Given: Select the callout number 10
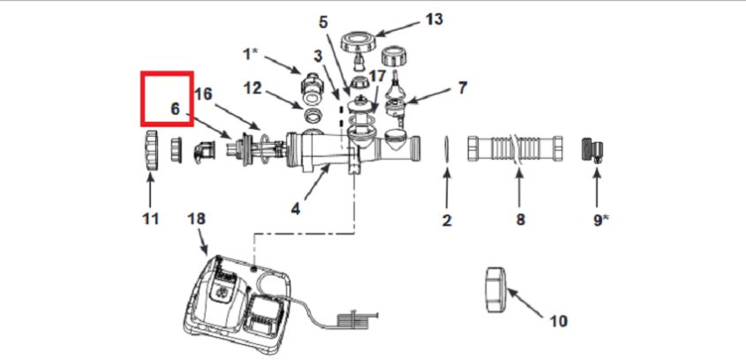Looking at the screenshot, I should click(x=558, y=320).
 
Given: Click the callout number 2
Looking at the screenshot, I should click(x=447, y=220).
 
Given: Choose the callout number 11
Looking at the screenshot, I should click(x=150, y=217).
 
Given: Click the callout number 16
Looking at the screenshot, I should click(x=203, y=94).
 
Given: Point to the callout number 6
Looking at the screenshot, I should click(x=175, y=109).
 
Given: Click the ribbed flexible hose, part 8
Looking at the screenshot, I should click(x=516, y=148).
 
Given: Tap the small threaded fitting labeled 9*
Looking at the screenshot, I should click(x=592, y=149).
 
